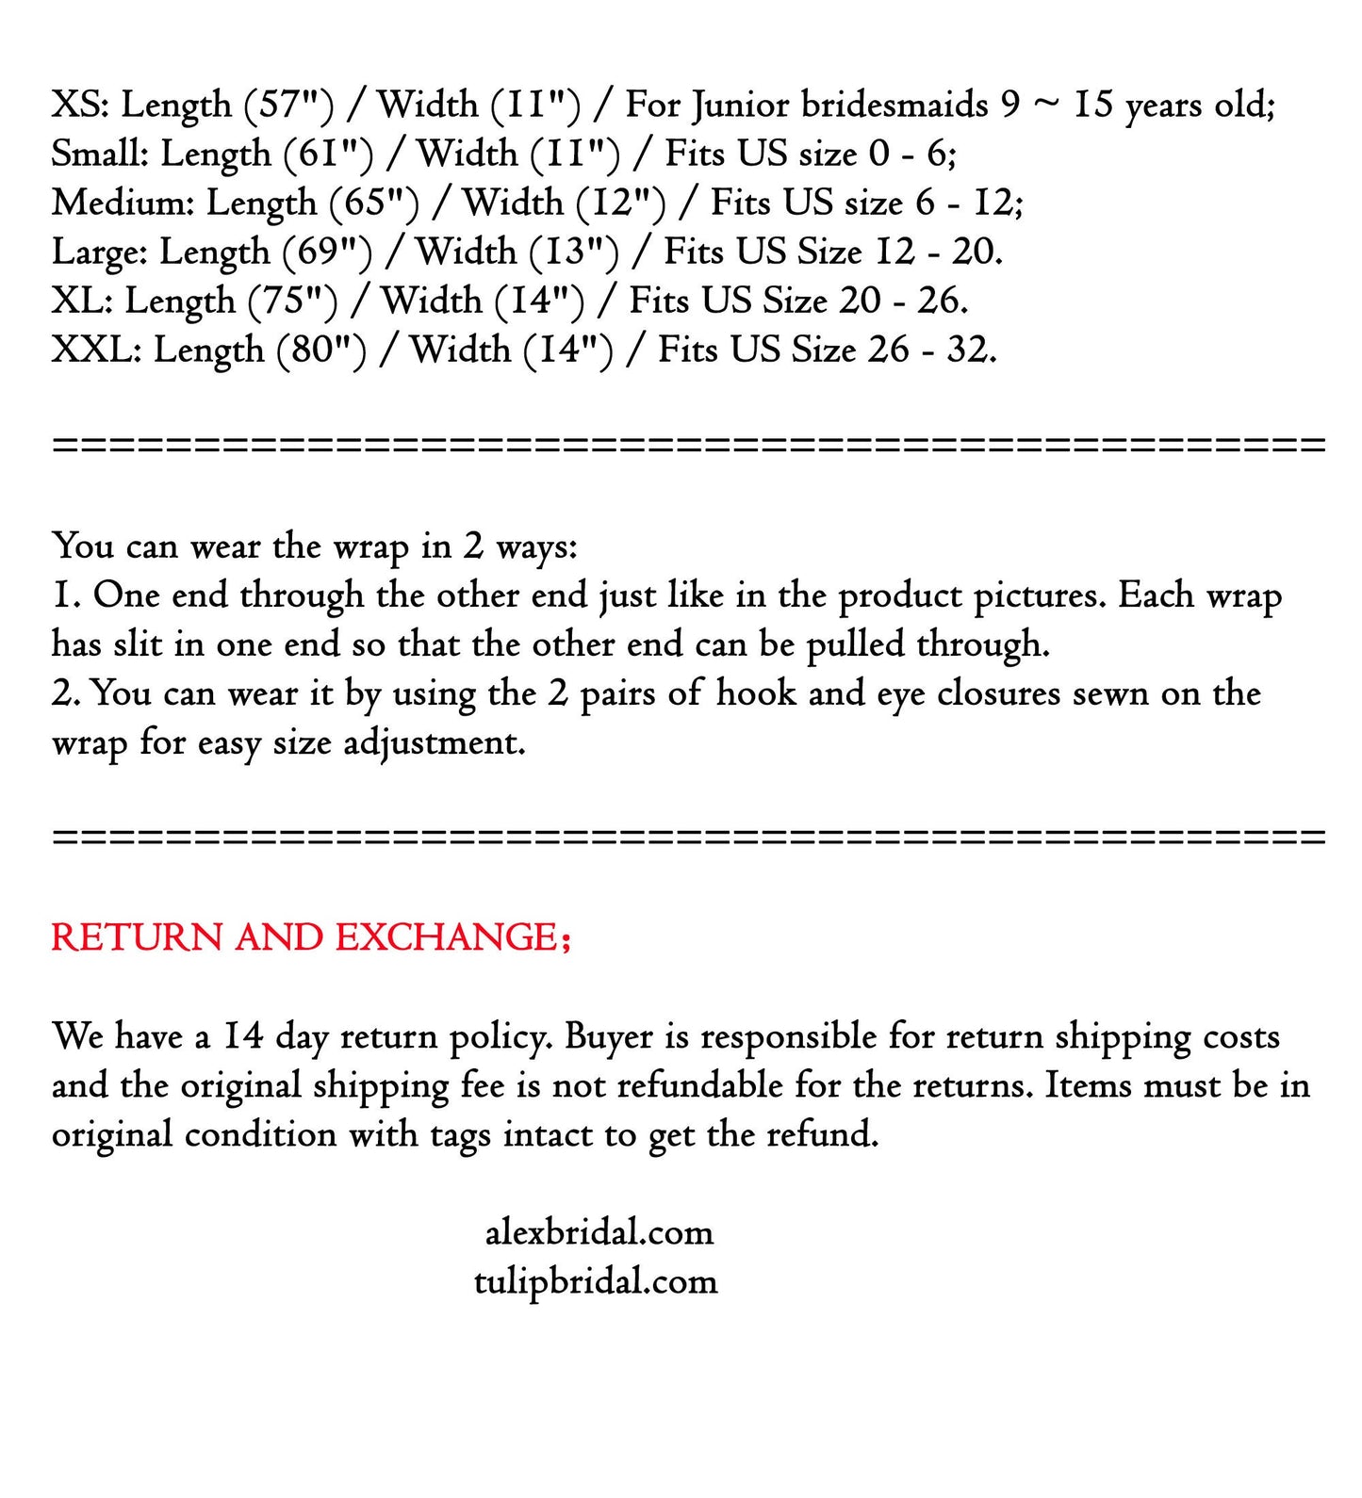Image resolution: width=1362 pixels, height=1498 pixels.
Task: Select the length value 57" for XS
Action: coord(287,105)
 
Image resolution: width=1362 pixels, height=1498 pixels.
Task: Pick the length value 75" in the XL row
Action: coord(292,300)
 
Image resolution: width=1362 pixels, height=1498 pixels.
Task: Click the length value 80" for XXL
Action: coord(321,349)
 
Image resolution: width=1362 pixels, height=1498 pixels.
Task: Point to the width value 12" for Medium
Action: coord(621,202)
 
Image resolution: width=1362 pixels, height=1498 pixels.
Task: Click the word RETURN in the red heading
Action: coord(137,936)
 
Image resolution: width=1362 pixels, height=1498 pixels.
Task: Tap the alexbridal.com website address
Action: coord(599,1231)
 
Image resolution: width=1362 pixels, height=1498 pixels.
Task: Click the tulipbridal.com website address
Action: coord(596,1280)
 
